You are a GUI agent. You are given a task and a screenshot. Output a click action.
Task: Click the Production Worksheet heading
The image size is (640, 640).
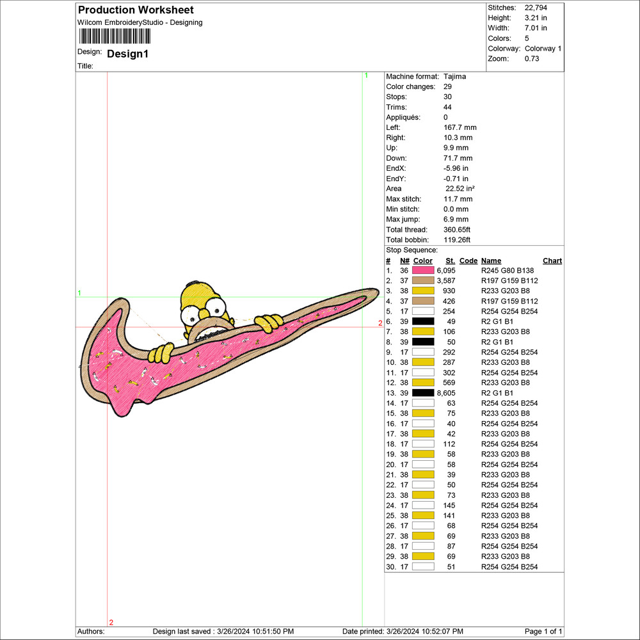click(x=135, y=10)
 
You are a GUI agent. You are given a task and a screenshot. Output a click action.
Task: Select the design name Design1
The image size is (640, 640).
click(x=127, y=54)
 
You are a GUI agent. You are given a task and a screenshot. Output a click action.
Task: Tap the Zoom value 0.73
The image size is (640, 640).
click(x=532, y=59)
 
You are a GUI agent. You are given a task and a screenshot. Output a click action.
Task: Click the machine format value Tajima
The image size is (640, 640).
click(x=454, y=77)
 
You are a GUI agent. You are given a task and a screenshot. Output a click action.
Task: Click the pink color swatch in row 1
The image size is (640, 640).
click(x=423, y=271)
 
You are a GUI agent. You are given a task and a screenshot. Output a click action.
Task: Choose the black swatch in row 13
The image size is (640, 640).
click(x=423, y=393)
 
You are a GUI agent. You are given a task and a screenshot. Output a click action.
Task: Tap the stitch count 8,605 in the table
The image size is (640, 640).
click(x=445, y=393)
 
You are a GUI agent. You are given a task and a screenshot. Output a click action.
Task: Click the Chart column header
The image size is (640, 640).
click(x=552, y=261)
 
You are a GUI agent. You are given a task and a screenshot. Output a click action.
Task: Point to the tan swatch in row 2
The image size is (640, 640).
click(x=423, y=281)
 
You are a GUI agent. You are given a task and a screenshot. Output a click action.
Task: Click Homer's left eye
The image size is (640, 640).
click(x=190, y=315)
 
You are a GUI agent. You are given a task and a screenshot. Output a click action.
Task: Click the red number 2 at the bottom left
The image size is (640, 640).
click(x=111, y=622)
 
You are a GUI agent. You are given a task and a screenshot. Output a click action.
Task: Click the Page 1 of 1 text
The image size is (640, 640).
click(x=543, y=632)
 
